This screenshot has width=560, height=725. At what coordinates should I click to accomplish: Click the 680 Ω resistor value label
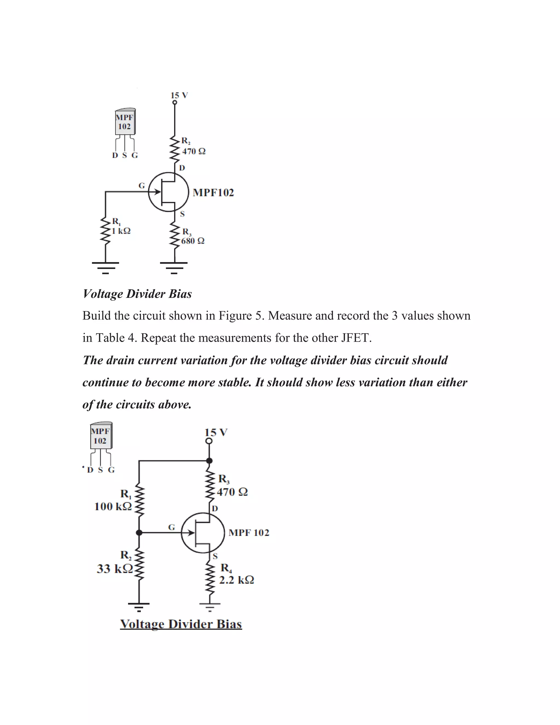[x=193, y=241]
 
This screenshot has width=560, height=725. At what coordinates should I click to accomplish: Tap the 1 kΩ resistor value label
[x=121, y=231]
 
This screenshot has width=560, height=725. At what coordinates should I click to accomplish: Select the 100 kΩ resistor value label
[x=113, y=507]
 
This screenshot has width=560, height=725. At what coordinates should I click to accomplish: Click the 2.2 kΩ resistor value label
[x=237, y=580]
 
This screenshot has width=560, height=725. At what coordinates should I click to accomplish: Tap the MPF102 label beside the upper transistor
[x=213, y=193]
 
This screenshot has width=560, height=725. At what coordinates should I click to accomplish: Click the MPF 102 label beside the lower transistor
[x=249, y=533]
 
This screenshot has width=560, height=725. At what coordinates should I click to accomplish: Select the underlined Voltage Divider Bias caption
[x=181, y=624]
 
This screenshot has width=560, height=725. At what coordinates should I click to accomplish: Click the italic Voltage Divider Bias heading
[x=137, y=294]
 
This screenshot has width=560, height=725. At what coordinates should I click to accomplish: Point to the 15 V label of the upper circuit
[x=179, y=95]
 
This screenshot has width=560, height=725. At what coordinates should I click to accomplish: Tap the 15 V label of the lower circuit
[x=216, y=433]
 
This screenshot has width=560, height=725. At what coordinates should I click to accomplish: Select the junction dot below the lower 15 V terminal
[x=209, y=461]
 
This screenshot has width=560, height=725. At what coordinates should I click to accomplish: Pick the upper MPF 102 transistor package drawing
[x=125, y=123]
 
